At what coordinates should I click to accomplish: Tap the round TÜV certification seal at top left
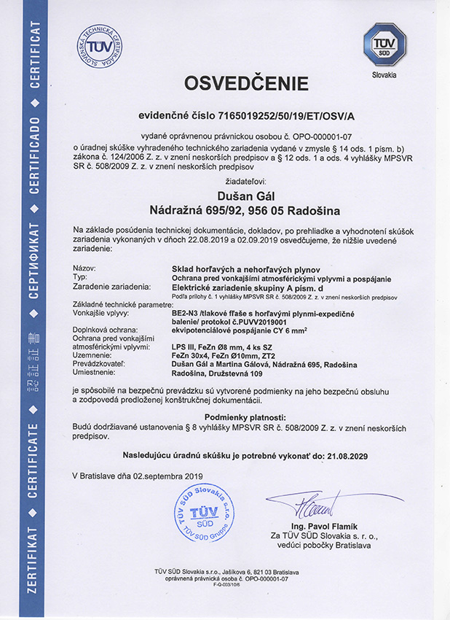[x=99, y=46]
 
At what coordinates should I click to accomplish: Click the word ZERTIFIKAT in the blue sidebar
[x=32, y=568]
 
